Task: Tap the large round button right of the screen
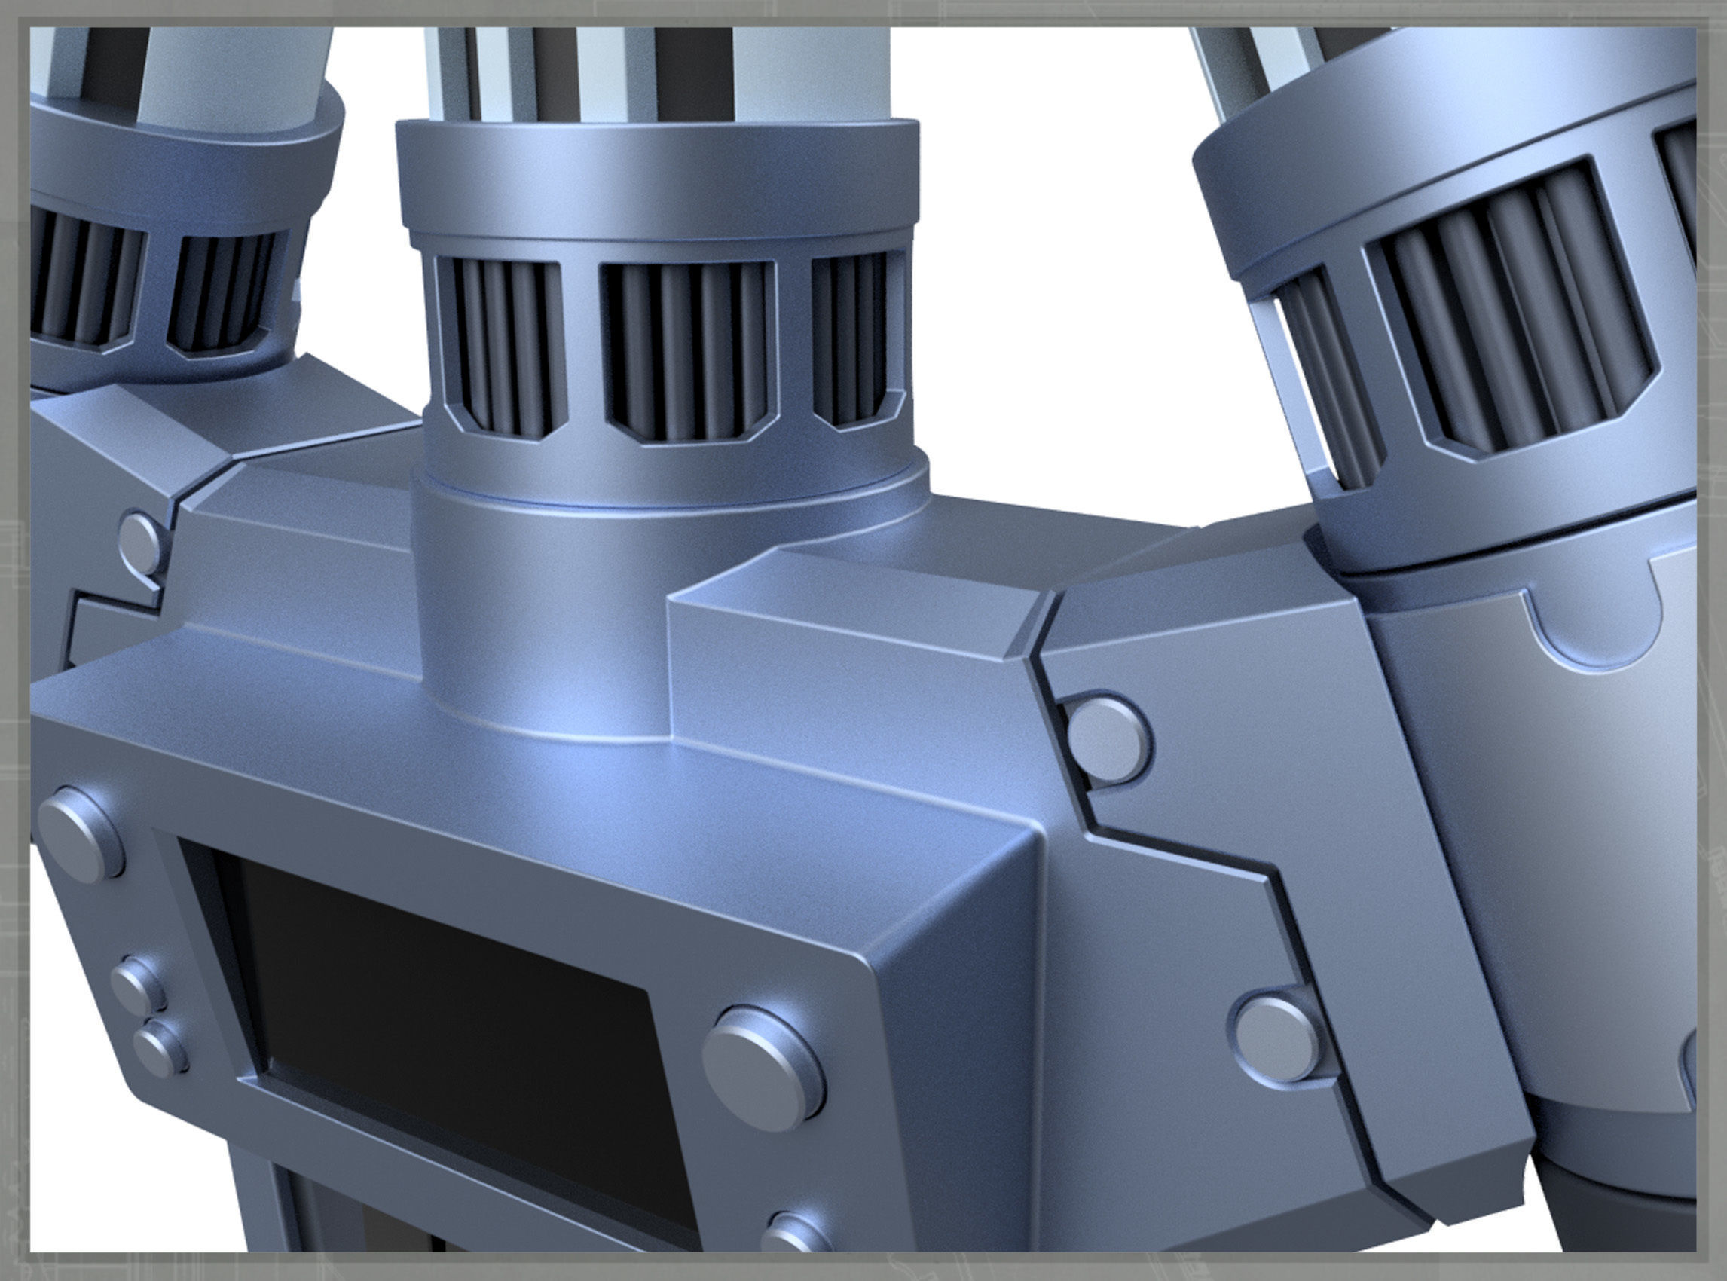(x=763, y=1067)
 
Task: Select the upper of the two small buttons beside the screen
(x=137, y=984)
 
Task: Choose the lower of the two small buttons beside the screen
(x=160, y=1048)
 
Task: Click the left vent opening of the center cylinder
(x=500, y=344)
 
